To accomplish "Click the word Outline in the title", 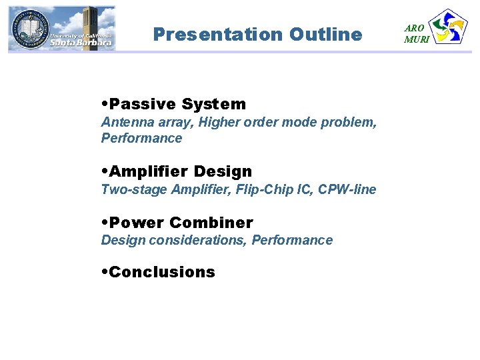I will pos(326,34).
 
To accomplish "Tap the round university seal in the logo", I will pos(29,28).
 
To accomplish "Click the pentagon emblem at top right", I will pos(449,27).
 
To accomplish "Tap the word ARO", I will pos(414,28).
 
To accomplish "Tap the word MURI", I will pos(417,39).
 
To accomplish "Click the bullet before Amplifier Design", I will pos(105,172).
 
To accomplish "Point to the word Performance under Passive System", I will pos(141,138).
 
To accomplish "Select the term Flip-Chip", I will pos(255,189).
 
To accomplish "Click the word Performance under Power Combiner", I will pos(292,240).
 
